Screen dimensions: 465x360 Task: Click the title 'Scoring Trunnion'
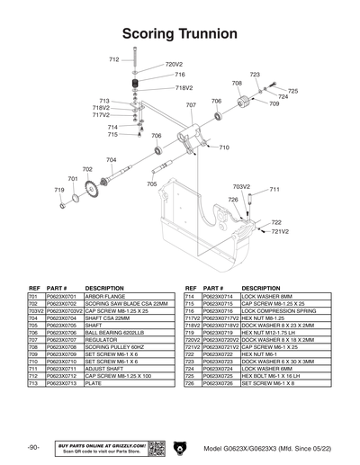pyautogui.click(x=179, y=31)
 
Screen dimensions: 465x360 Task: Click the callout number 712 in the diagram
pyautogui.click(x=114, y=59)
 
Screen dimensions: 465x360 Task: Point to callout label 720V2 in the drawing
pyautogui.click(x=174, y=65)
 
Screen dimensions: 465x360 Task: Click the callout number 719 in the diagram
pyautogui.click(x=58, y=191)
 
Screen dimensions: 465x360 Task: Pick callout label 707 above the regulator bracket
pyautogui.click(x=191, y=105)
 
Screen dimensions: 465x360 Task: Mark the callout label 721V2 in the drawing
pyautogui.click(x=280, y=231)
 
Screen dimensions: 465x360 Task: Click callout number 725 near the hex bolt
pyautogui.click(x=292, y=91)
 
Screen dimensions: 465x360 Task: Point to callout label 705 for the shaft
pyautogui.click(x=152, y=183)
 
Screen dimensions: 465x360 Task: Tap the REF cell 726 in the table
pyautogui.click(x=191, y=382)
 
